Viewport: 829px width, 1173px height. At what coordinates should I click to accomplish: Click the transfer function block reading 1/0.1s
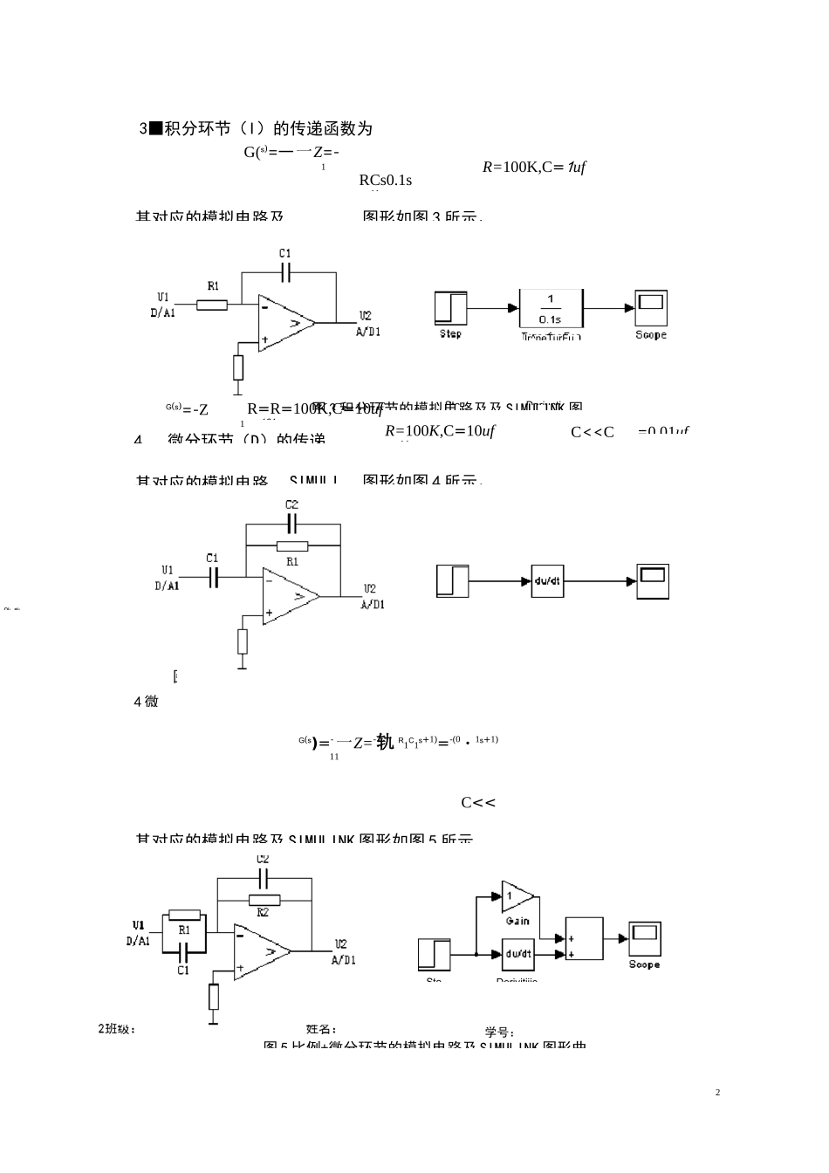551,308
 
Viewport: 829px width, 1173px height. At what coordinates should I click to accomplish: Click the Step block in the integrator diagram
450,307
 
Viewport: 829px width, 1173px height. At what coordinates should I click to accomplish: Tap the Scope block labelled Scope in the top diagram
651,308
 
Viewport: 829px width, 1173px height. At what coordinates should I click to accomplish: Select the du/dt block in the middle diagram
547,581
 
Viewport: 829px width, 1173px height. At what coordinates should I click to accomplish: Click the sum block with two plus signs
584,939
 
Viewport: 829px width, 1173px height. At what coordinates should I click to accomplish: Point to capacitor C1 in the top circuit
285,272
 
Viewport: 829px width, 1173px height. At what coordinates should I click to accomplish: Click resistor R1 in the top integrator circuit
212,305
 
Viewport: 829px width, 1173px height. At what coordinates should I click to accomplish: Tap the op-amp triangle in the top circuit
285,323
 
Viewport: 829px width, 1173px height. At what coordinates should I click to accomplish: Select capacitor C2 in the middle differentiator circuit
291,524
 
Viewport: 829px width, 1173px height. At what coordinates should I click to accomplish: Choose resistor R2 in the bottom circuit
264,900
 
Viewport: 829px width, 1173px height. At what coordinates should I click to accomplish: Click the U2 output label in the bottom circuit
341,944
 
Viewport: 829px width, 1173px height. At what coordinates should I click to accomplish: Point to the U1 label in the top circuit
163,297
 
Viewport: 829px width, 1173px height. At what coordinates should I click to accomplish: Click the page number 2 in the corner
717,1093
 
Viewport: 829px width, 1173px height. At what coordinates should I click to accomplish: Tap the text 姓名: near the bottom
321,1030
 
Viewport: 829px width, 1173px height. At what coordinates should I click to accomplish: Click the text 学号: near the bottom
499,1032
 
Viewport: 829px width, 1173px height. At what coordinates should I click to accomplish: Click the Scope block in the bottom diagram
644,938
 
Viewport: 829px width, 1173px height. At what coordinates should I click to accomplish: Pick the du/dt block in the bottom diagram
518,954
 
